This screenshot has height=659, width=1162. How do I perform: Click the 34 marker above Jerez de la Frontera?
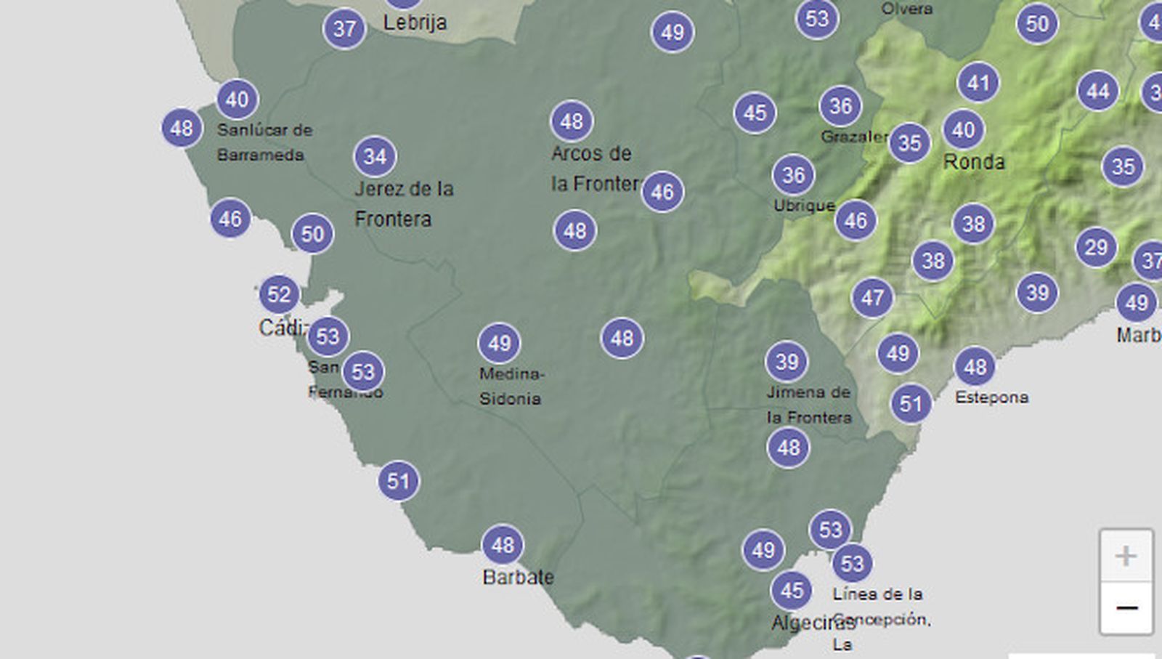(x=375, y=156)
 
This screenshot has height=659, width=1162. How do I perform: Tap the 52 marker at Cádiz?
(x=279, y=294)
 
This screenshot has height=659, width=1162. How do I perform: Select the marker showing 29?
(x=1096, y=248)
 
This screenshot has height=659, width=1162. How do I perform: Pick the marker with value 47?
(x=872, y=297)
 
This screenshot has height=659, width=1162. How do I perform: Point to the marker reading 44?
(x=1098, y=92)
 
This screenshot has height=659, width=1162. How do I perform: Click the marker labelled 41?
(x=978, y=83)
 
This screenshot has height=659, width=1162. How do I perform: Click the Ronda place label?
(x=974, y=161)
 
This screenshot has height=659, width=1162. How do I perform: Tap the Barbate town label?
(x=518, y=577)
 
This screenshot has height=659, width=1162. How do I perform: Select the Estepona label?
(x=991, y=397)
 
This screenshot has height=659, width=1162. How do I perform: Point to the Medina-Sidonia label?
(x=511, y=386)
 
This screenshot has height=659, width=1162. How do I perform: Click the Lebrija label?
(x=415, y=23)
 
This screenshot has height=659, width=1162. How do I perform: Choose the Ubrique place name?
(x=804, y=206)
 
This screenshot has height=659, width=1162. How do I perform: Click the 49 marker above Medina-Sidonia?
(x=500, y=343)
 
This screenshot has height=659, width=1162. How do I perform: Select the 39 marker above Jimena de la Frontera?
(x=787, y=361)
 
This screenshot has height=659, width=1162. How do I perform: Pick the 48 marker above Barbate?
(x=503, y=545)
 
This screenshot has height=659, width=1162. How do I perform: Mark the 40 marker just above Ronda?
(x=964, y=130)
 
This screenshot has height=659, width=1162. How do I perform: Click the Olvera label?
(x=906, y=9)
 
